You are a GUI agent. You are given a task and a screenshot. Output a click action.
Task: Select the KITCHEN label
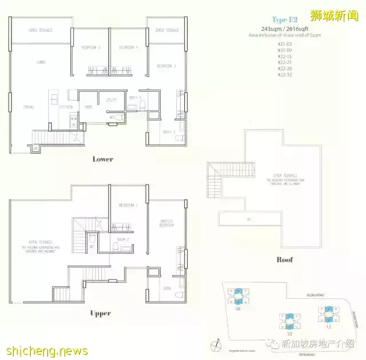66,107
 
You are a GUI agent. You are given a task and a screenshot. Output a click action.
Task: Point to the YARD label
89,107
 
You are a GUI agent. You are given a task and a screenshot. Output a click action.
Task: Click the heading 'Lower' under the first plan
103,159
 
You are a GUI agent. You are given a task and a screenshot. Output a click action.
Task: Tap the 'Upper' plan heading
101,313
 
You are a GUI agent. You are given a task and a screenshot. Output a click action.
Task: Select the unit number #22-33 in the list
284,75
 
